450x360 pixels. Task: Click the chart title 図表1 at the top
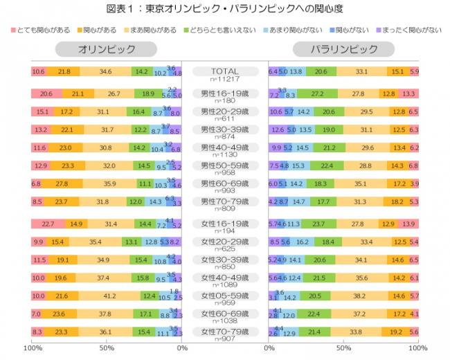(x=225, y=8)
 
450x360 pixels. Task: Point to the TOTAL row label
(x=224, y=71)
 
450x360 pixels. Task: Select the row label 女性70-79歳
(x=225, y=332)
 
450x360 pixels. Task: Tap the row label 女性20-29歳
(x=225, y=242)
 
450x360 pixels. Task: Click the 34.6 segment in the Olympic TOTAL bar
(x=106, y=72)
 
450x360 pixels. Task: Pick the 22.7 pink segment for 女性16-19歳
(x=48, y=224)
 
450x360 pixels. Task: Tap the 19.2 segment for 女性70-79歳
(x=396, y=332)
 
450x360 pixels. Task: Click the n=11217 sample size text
(x=224, y=78)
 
